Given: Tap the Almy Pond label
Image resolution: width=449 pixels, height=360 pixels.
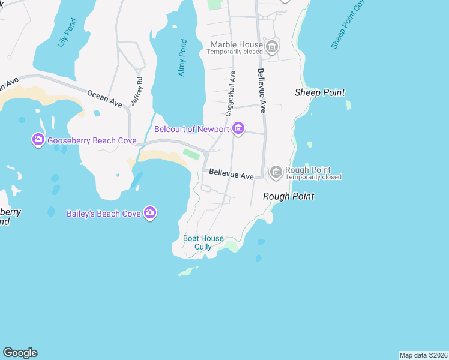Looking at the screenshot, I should point(182,58).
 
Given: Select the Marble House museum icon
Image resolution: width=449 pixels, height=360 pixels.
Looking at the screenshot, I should point(272,46).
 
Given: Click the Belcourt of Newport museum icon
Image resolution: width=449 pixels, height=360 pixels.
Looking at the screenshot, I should point(238,128).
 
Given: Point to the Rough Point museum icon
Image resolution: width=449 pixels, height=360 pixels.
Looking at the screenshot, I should point(276,173).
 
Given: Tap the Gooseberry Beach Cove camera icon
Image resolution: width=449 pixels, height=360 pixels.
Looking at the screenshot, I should point(38,140).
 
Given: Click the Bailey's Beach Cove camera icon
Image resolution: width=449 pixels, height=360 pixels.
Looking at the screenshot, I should point(150,212).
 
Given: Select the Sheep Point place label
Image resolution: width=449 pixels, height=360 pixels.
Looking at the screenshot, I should point(320,92).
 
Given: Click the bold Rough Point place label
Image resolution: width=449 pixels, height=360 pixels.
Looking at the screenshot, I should point(288,196).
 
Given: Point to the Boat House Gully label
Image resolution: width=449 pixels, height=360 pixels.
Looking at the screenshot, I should point(203,242).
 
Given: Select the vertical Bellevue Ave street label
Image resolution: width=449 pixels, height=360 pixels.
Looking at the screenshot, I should point(261,91).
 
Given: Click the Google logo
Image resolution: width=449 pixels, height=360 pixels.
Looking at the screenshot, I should point(20,353).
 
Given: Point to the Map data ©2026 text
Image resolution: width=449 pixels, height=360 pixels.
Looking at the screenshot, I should point(423,355).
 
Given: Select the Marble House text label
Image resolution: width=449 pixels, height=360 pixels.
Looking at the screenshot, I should point(237,44).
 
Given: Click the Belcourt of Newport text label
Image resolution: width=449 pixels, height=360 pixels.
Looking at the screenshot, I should point(191,129).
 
